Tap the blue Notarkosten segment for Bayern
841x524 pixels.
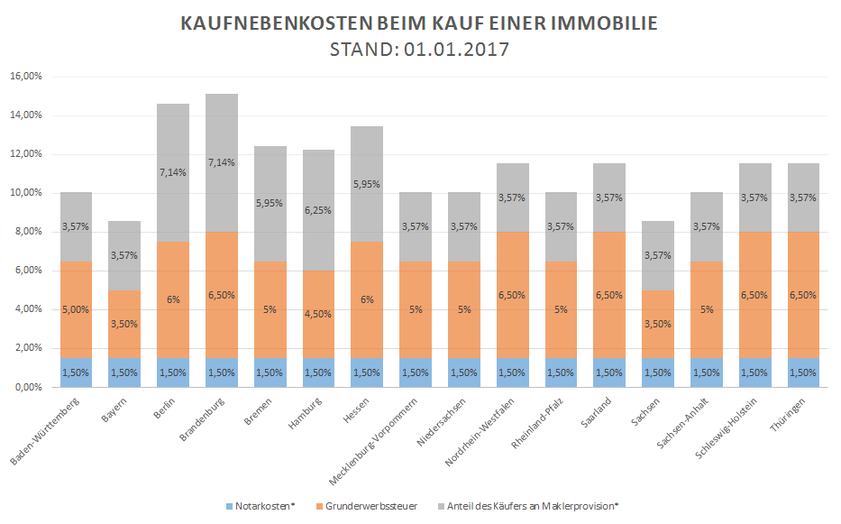[124, 372]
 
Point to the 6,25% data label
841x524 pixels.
[319, 209]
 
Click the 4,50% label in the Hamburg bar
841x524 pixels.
[319, 314]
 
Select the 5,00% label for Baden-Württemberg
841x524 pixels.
[76, 308]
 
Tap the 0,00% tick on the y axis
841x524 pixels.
[27, 387]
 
